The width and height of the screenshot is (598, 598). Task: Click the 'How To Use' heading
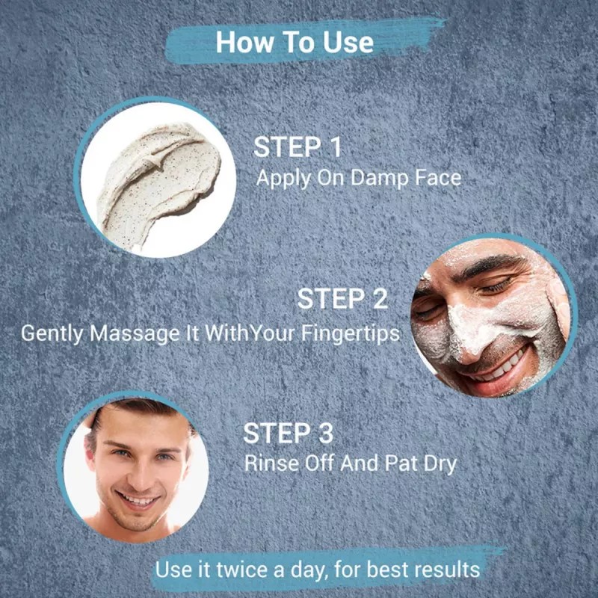[x=295, y=43]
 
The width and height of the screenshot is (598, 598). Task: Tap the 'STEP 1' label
[x=297, y=147]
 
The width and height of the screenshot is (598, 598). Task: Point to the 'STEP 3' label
[x=288, y=433]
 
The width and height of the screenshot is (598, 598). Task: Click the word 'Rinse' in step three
[x=265, y=463]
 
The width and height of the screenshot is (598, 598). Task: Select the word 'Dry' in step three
[x=438, y=463]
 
